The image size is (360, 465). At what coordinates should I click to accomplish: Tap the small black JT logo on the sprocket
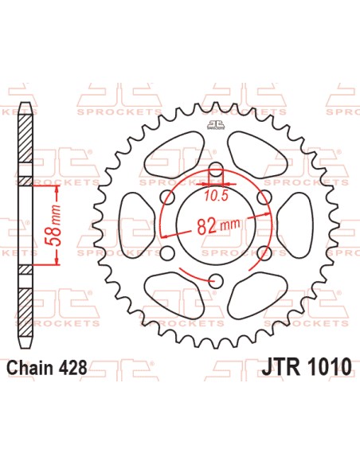(x=213, y=123)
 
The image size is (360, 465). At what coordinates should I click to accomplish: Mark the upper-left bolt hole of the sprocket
(x=167, y=197)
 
